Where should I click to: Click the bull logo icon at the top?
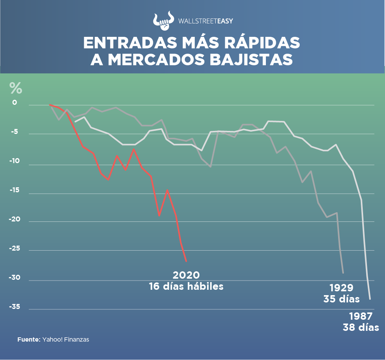(x=163, y=21)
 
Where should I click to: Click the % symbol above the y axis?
(x=16, y=88)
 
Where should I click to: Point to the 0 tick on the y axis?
(x=15, y=103)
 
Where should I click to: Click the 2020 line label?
(x=186, y=275)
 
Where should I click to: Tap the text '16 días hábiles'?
(x=186, y=286)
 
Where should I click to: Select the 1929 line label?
(x=341, y=288)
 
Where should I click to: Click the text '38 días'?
(x=360, y=327)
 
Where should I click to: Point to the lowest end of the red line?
(x=186, y=261)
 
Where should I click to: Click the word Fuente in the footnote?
(x=28, y=340)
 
